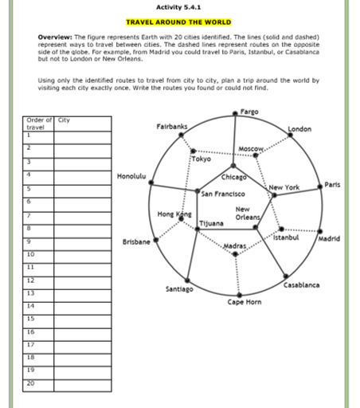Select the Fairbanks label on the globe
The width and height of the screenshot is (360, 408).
point(172,127)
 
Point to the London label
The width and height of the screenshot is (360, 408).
point(299,128)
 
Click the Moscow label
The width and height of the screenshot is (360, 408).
point(251,150)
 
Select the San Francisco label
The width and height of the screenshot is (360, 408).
point(222,193)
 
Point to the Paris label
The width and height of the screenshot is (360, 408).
point(332,184)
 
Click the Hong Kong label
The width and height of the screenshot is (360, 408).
point(174,214)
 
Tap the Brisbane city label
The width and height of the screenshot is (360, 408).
point(136,241)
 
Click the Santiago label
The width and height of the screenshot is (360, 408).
point(179,288)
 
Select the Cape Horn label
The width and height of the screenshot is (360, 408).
point(245,302)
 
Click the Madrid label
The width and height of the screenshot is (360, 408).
point(329,238)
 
